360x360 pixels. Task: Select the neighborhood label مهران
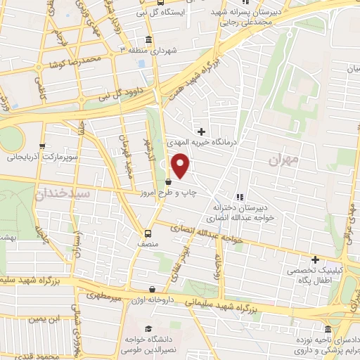point(283,160)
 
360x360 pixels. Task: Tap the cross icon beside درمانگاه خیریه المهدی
point(202,131)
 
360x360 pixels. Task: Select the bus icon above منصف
point(148,233)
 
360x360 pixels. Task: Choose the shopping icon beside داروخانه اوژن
point(153,288)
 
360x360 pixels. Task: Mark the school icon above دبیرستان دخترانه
point(240,197)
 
